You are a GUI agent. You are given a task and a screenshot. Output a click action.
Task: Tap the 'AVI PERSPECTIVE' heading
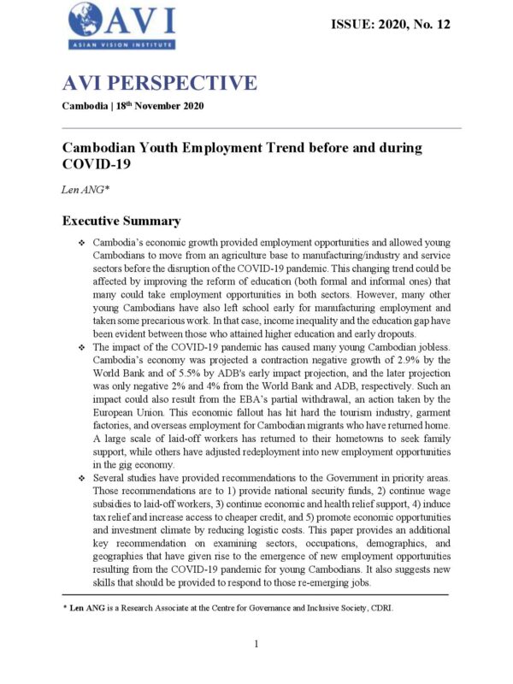coord(159,83)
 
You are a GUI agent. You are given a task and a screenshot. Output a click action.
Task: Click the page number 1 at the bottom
coord(256,644)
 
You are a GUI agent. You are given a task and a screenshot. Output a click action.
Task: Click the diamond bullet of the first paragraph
coord(80,244)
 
